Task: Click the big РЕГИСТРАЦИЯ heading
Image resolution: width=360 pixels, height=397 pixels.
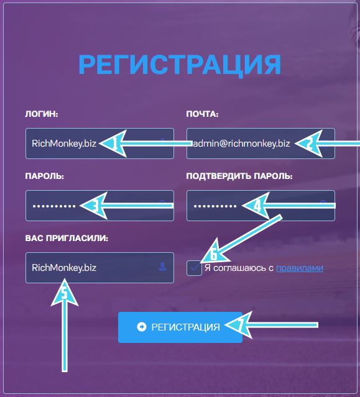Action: point(180,65)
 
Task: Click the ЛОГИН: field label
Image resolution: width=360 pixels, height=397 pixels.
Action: point(42,114)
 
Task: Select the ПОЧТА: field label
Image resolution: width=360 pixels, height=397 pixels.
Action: point(202,114)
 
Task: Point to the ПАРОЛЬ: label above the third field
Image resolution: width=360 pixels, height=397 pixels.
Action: point(44,176)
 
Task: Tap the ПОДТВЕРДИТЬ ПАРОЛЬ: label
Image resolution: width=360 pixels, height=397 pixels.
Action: point(239,176)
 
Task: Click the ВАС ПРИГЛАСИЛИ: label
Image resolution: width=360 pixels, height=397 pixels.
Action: point(67,238)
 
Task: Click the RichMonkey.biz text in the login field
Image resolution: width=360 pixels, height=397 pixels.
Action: point(64,144)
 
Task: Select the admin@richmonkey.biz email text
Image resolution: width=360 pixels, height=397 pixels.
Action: point(241,144)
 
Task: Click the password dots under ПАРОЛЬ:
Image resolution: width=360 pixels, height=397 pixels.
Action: point(54,206)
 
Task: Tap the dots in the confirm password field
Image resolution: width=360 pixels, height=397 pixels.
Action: point(215,206)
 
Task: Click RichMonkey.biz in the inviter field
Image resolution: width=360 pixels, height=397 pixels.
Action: point(64,268)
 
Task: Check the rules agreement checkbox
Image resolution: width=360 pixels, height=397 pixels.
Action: point(195,268)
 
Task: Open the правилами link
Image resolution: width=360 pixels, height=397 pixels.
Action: point(300,268)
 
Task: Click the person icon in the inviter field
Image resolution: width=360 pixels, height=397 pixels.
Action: point(162,267)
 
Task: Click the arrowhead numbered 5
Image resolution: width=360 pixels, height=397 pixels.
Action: point(65,293)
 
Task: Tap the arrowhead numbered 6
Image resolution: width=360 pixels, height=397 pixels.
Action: point(215,252)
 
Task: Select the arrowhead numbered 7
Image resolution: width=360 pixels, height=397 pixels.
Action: point(239,325)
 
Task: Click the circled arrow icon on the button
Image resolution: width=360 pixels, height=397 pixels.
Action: point(142,327)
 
